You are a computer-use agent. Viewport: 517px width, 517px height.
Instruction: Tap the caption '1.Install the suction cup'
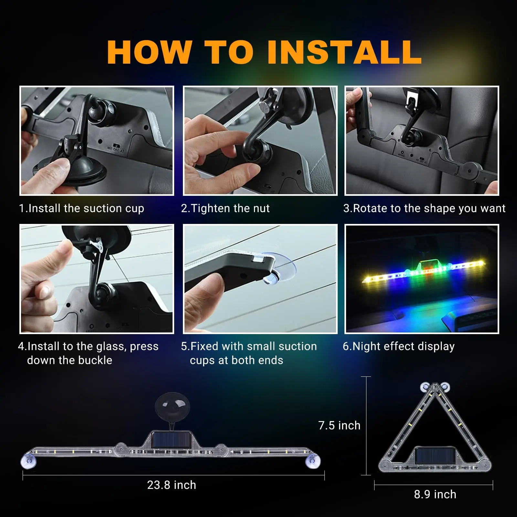coord(81,209)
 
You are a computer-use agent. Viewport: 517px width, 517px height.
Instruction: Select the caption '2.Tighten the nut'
coord(225,208)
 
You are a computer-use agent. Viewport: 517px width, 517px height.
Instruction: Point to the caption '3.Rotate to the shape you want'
coord(424,209)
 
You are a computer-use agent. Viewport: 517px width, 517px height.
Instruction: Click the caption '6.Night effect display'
coord(399,346)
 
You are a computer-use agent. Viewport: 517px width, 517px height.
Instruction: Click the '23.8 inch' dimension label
coord(172,485)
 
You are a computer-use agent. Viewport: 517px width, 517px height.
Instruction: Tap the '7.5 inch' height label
coord(339,426)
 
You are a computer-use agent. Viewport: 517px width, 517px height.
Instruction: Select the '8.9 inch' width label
coord(435,494)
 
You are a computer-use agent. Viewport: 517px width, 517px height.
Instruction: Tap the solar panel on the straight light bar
coord(172,441)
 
